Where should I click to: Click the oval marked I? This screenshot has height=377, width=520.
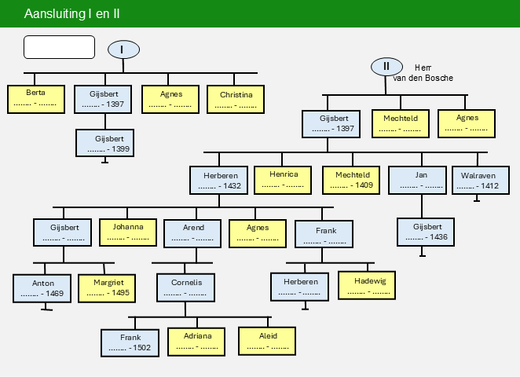coord(123,49)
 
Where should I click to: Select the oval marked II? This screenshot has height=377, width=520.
coord(386,67)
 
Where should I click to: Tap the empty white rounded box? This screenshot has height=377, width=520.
coord(60,47)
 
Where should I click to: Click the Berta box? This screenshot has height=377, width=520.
coord(36,99)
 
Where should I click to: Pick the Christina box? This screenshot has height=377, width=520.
coord(236,99)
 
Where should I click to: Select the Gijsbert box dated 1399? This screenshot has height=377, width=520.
coord(104,143)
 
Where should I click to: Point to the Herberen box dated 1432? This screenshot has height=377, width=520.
coord(219,180)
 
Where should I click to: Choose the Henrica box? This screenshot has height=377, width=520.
coord(283,180)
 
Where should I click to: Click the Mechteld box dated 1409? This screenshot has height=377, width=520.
coord(351,180)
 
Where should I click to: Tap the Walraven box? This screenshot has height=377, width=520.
coord(481,180)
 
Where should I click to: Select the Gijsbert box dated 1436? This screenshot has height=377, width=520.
coord(426,232)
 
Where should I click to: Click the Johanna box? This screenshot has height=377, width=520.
coord(128,232)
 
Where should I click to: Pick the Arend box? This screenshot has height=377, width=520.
coord(192,233)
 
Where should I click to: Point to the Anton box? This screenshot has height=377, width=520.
coord(42,288)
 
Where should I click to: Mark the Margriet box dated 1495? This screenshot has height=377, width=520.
coord(107,288)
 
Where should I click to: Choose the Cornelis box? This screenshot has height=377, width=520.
coord(185,287)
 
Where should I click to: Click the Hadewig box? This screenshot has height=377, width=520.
coord(367,285)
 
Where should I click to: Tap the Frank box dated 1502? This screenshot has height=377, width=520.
coord(130,343)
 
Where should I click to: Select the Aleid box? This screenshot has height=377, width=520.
coord(267,342)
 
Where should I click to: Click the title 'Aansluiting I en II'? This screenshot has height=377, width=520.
coord(72,14)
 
